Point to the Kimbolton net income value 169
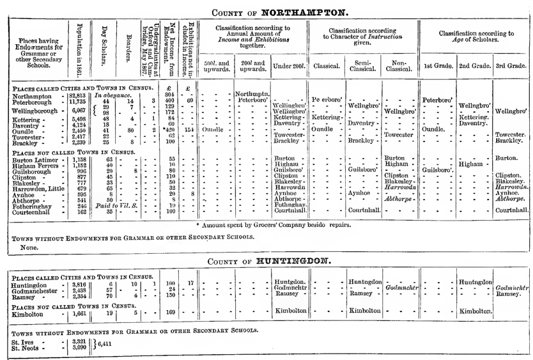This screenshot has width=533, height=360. tap(170, 313)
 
